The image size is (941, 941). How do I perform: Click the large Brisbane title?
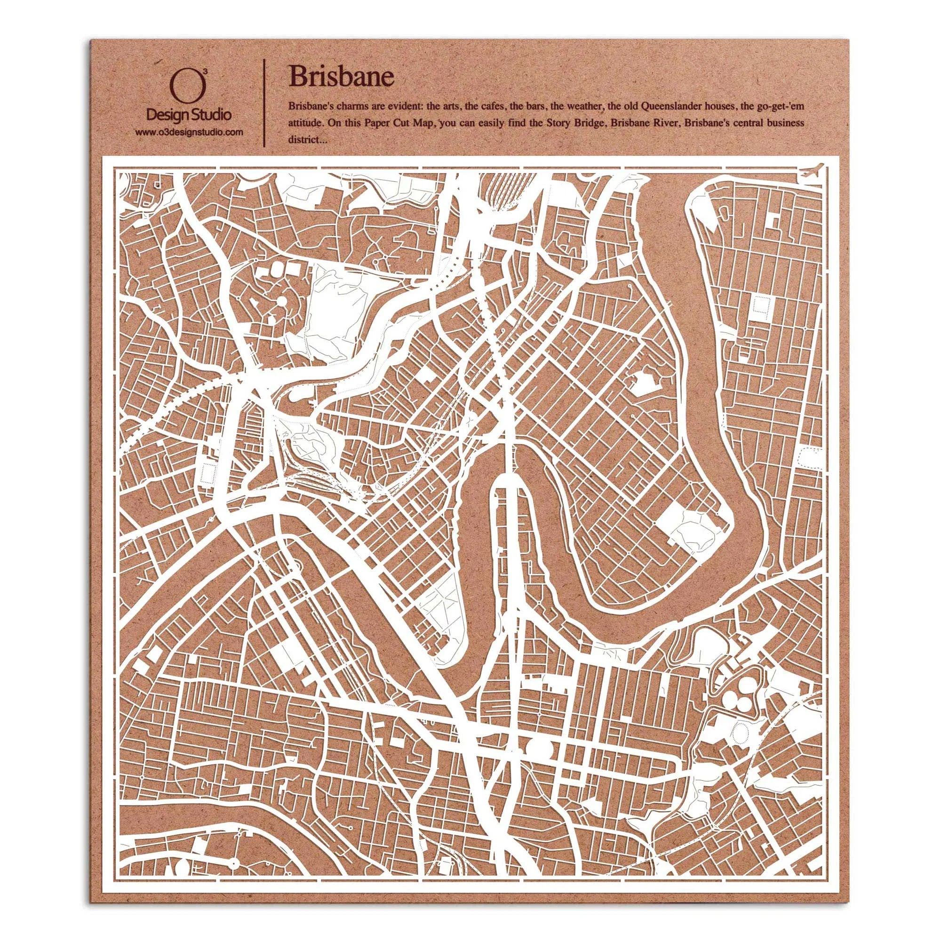tap(341, 77)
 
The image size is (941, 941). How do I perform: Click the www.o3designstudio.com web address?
tap(190, 133)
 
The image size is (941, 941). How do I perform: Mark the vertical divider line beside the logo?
tap(264, 103)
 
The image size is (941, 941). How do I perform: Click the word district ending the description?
tap(303, 140)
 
